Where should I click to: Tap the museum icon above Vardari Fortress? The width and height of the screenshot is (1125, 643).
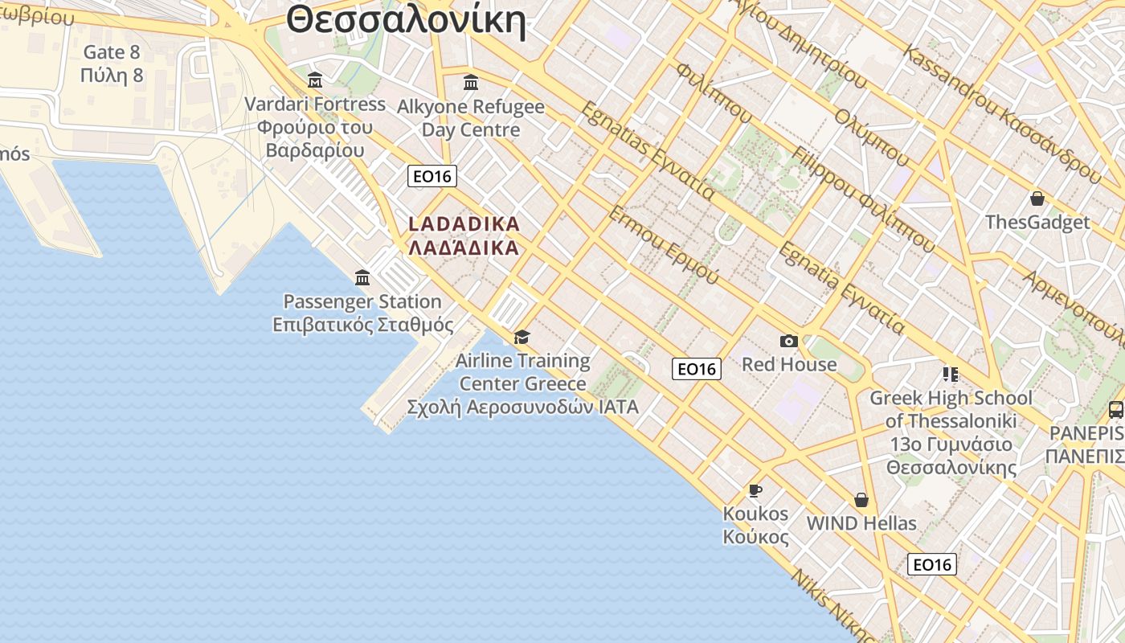click(x=315, y=80)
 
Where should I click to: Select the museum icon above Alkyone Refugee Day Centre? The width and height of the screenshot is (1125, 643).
click(x=471, y=82)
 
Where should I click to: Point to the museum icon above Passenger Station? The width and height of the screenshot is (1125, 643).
click(x=362, y=278)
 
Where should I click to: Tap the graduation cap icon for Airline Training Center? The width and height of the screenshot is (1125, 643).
click(x=522, y=337)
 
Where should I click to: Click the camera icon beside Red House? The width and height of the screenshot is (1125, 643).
click(x=789, y=342)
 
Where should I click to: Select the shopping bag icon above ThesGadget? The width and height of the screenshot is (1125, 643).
click(x=1037, y=199)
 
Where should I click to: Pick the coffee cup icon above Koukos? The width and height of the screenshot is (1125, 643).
click(x=755, y=490)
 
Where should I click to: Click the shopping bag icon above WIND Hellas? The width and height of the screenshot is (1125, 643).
click(x=861, y=500)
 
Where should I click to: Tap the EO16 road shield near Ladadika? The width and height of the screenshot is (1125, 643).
click(x=432, y=176)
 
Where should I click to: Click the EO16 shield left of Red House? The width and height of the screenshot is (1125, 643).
click(x=697, y=369)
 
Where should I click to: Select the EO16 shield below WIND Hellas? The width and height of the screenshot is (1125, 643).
click(x=932, y=564)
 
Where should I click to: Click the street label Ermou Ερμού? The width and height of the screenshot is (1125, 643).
click(x=664, y=244)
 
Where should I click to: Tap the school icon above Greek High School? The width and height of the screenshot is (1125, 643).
click(x=951, y=375)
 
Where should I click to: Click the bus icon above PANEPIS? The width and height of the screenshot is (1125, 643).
click(x=1115, y=409)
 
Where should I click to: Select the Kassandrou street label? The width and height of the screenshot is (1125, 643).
click(x=1001, y=113)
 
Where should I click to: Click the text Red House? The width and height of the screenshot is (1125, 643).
click(x=789, y=364)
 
